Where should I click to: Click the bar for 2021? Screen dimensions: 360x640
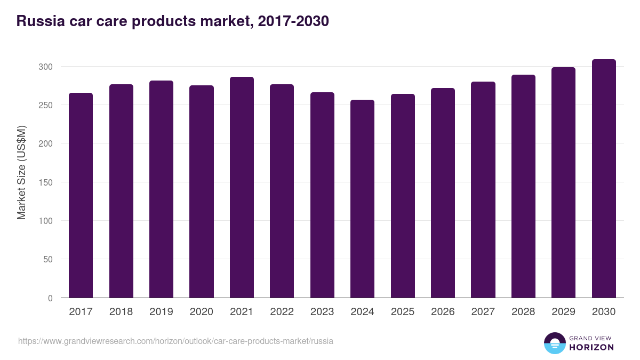242,187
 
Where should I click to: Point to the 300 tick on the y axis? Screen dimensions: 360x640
46,67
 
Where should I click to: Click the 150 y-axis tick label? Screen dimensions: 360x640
46,182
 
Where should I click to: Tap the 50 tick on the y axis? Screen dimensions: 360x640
49,259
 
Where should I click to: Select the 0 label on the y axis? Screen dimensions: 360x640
51,298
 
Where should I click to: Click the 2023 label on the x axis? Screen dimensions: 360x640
322,312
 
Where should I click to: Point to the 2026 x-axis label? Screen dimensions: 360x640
443,312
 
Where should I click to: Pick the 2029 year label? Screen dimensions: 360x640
563,312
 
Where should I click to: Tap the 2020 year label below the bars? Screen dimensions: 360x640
201,312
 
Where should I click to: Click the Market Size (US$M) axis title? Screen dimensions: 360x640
21,172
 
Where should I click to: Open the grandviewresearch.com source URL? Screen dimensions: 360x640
175,341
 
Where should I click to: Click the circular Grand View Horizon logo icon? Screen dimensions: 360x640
554,343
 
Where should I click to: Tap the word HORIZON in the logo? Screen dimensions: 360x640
592,347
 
